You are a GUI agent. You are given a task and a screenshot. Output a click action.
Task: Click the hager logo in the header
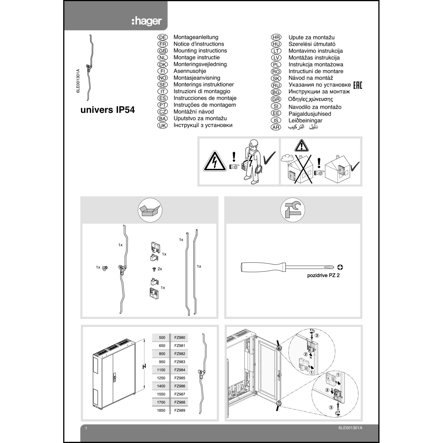pyautogui.click(x=146, y=21)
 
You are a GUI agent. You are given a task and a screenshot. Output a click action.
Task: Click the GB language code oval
pyautogui.click(x=162, y=51)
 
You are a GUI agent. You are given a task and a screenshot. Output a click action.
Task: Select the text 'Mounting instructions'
pyautogui.click(x=200, y=51)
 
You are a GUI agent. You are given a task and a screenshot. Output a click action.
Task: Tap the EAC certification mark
pyautogui.click(x=357, y=85)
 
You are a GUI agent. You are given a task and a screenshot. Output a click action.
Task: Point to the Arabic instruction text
pyautogui.click(x=303, y=127)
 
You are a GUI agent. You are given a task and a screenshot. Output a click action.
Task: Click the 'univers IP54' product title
pyautogui.click(x=108, y=110)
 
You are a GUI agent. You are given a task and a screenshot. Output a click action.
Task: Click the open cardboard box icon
pyautogui.click(x=150, y=210)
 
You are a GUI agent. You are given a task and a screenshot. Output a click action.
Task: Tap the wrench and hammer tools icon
pyautogui.click(x=292, y=210)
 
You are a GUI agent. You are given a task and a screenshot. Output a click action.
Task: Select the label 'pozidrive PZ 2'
pyautogui.click(x=323, y=276)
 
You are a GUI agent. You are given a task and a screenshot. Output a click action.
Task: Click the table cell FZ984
pyautogui.click(x=180, y=370)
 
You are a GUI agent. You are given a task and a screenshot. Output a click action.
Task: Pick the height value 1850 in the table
pyautogui.click(x=161, y=410)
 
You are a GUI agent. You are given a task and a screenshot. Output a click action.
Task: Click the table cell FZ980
pyautogui.click(x=180, y=338)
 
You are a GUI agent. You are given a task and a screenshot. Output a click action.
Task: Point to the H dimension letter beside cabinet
pyautogui.click(x=144, y=367)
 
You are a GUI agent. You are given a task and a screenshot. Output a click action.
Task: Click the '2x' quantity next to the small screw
pyautogui.click(x=160, y=269)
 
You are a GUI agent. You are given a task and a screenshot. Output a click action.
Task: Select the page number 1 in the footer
pyautogui.click(x=86, y=428)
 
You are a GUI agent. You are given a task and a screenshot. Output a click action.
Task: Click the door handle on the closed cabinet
pyautogui.click(x=114, y=377)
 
